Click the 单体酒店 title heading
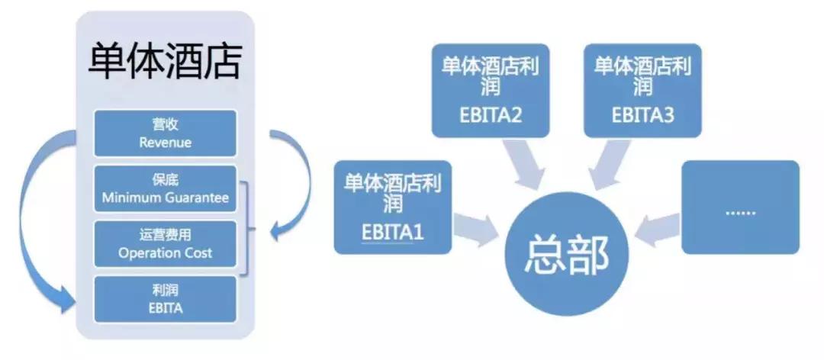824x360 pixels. [x=165, y=62]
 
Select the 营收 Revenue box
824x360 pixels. [x=165, y=133]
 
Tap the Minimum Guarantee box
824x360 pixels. [x=165, y=189]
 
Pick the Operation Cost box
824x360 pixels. [x=165, y=243]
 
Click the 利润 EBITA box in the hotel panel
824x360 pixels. [x=165, y=299]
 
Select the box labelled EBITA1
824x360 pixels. [x=393, y=207]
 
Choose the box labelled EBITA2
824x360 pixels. [x=491, y=90]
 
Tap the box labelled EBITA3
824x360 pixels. [x=642, y=90]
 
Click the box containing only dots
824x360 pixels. [x=739, y=207]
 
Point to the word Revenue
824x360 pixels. [x=165, y=142]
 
